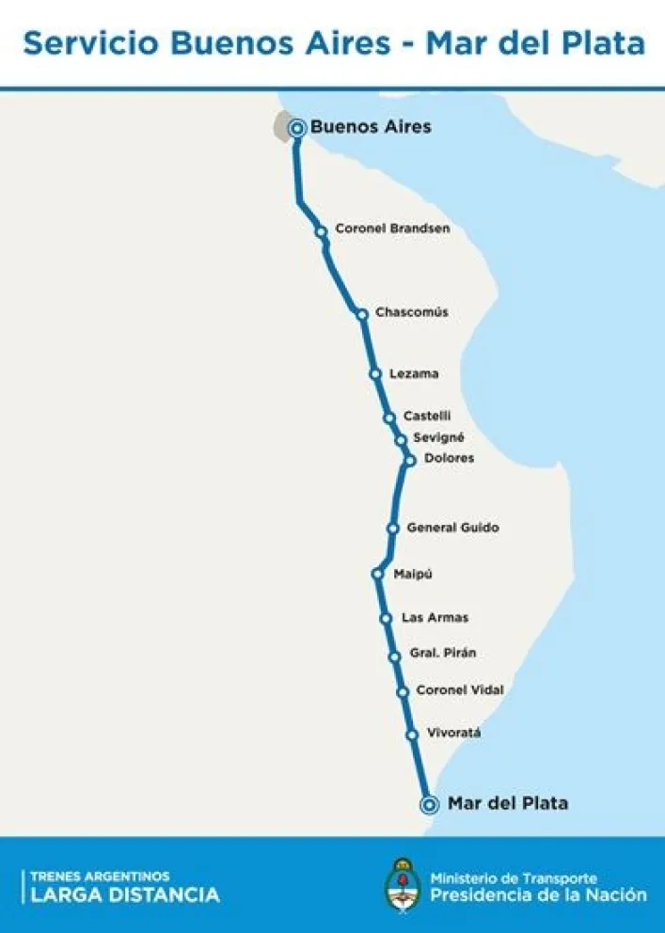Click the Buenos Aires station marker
tap(297, 128)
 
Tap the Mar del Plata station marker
tap(430, 804)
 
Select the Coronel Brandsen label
tap(392, 229)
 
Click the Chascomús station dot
tap(362, 314)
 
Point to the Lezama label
tap(414, 373)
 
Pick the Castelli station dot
tap(389, 418)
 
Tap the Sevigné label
tap(438, 437)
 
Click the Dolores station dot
tap(410, 460)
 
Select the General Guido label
tap(452, 528)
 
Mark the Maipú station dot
tap(377, 574)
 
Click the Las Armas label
tap(435, 618)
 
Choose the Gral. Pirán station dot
tap(395, 656)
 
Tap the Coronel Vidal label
tap(459, 690)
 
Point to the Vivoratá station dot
tap(412, 735)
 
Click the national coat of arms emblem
tap(404, 883)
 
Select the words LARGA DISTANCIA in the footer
tap(125, 894)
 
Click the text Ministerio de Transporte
tap(514, 878)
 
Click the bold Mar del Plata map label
tap(508, 803)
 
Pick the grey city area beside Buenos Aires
tap(280, 126)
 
